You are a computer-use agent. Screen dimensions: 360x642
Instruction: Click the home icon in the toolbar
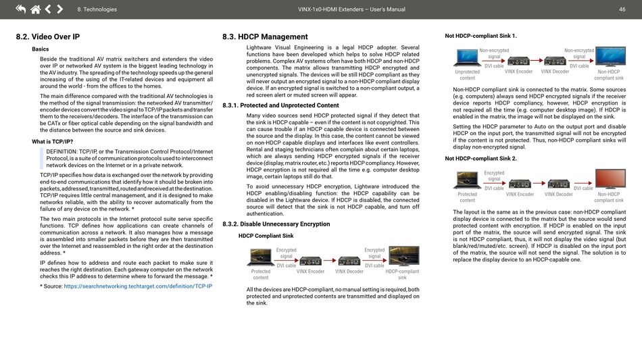click(x=34, y=9)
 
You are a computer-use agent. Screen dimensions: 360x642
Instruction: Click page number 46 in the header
click(x=621, y=9)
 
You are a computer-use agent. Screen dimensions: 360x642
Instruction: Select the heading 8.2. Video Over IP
click(x=48, y=36)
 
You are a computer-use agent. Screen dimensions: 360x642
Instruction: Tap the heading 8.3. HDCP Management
click(x=265, y=36)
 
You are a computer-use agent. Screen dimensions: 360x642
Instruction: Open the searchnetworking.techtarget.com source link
click(x=138, y=286)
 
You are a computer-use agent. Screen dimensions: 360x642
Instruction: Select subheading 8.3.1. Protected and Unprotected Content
click(x=280, y=105)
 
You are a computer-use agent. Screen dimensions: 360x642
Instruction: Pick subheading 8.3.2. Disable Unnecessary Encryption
click(x=276, y=224)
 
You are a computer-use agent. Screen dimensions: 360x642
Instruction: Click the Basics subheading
click(x=41, y=49)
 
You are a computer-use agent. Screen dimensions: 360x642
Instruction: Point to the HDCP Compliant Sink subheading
click(x=266, y=236)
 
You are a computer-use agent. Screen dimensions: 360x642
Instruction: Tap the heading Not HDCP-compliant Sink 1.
click(x=480, y=36)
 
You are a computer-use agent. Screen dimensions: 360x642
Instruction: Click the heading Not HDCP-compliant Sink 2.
click(x=480, y=158)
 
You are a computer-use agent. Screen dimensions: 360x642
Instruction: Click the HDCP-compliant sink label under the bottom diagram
click(x=402, y=274)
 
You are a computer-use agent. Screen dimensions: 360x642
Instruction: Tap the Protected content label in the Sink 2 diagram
click(x=467, y=197)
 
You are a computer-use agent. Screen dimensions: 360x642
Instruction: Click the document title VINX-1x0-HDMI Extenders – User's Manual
click(x=351, y=9)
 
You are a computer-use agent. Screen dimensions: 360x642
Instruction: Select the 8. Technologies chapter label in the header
click(x=97, y=9)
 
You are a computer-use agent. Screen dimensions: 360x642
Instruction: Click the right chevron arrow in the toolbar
click(x=60, y=9)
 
